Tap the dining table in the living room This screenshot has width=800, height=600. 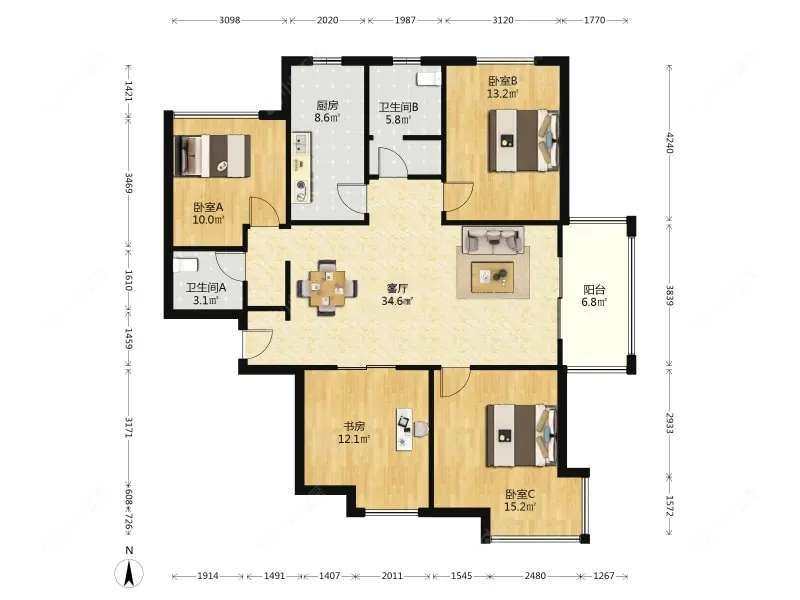[327, 289]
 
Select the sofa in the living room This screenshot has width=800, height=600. [493, 240]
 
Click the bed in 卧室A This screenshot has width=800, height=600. [212, 156]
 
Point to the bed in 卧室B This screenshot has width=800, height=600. [523, 140]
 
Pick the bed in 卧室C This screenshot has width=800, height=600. [521, 435]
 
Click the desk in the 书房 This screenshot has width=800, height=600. [405, 429]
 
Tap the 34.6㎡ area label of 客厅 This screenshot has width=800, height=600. [397, 301]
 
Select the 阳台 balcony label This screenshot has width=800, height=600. [594, 290]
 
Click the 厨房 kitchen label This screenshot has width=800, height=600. [327, 106]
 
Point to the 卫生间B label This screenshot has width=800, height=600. [398, 107]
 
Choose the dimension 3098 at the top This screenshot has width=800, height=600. [230, 20]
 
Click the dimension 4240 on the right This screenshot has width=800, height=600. [670, 143]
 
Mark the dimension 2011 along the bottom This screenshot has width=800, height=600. [392, 576]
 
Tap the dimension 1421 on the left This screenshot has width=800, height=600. [129, 90]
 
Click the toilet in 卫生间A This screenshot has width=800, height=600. [185, 265]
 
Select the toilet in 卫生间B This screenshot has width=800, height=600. [428, 79]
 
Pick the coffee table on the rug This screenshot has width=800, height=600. [492, 277]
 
